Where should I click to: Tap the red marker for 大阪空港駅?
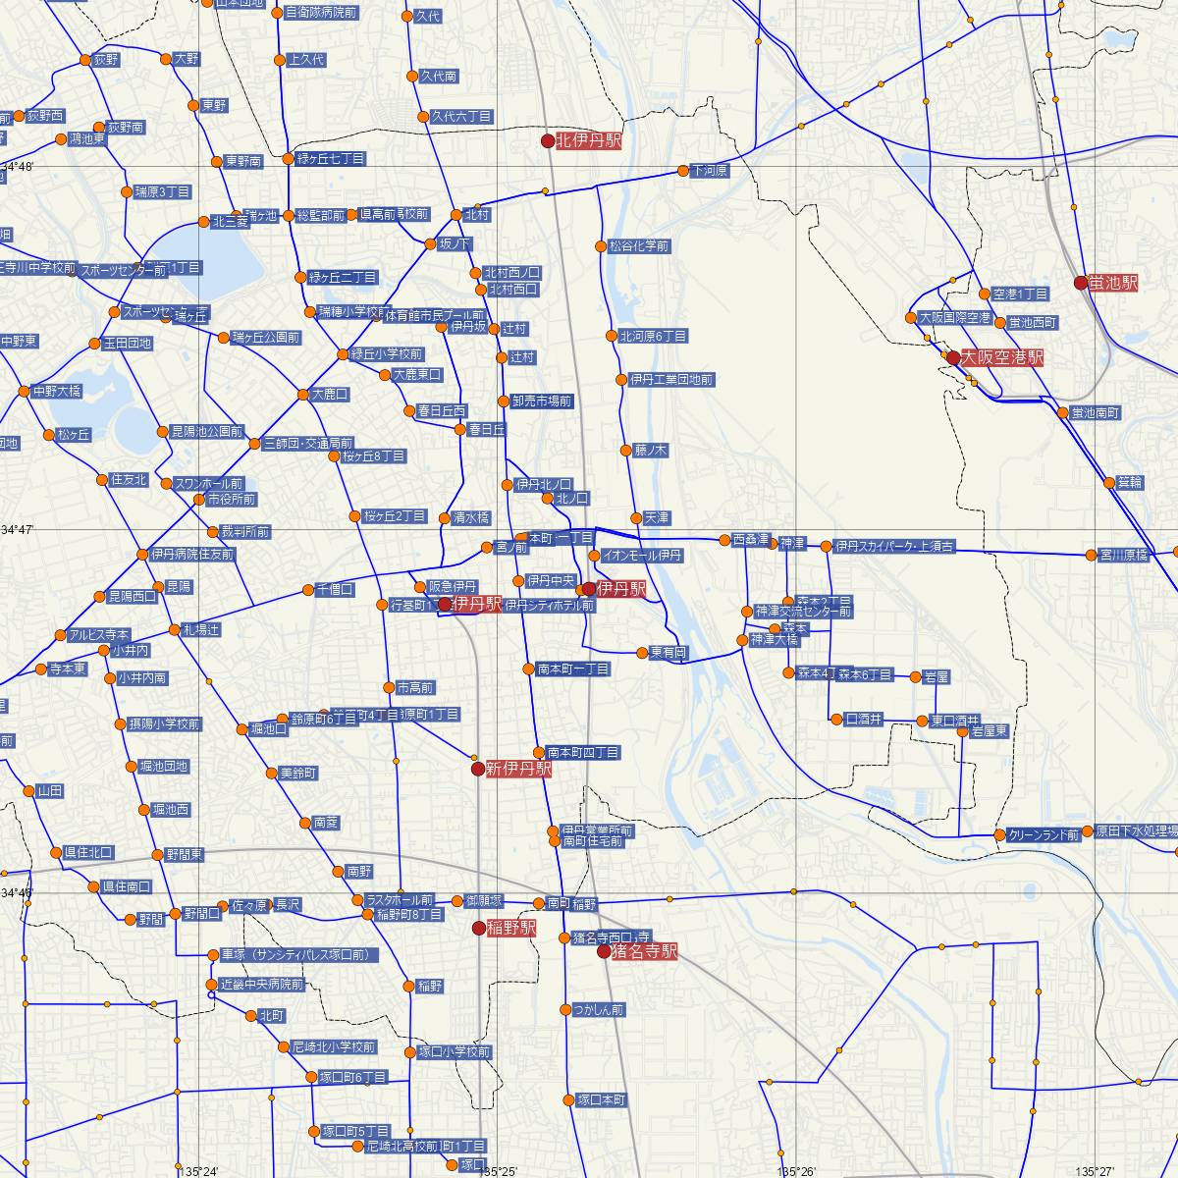(x=952, y=358)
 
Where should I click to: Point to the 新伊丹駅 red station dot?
(x=477, y=769)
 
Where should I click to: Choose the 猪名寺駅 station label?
(x=644, y=951)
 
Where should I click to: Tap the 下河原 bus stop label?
(x=710, y=171)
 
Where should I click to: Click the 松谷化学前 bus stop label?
(x=639, y=246)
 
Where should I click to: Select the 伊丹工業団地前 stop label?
(x=671, y=379)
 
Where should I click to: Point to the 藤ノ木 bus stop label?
(x=651, y=451)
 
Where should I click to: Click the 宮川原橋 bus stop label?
(x=1123, y=555)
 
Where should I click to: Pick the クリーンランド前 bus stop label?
(x=1044, y=834)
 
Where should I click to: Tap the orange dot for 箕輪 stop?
(x=1109, y=482)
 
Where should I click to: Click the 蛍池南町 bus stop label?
(x=1096, y=412)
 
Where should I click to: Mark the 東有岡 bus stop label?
(x=669, y=652)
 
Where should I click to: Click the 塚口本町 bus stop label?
(x=601, y=1099)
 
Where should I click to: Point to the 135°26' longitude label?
(x=796, y=1171)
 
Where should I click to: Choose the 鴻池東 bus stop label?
(x=87, y=139)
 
